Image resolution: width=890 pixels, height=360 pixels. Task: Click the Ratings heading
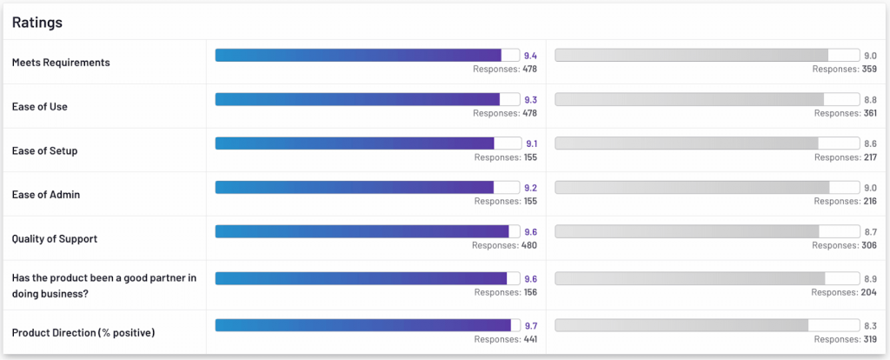click(37, 22)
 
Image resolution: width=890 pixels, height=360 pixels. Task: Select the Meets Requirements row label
click(61, 63)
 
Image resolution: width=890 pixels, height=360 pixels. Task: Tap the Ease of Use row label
click(40, 107)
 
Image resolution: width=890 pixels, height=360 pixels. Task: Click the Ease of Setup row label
click(45, 151)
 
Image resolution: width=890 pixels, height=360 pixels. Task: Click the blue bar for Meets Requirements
click(358, 55)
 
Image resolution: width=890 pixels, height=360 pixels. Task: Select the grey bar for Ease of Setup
click(687, 143)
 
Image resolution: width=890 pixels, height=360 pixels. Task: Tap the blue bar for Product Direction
click(362, 325)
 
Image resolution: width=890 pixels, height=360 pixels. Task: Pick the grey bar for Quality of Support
click(687, 231)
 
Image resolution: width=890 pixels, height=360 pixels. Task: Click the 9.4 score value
click(531, 56)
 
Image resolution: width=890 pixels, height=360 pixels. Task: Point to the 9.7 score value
click(531, 325)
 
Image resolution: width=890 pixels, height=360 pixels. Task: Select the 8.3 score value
click(870, 325)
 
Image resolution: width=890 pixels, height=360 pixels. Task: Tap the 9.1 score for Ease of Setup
click(531, 143)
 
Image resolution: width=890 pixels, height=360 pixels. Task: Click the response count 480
click(528, 245)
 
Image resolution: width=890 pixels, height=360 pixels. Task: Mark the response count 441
click(528, 339)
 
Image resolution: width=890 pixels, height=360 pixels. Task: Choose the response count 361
click(868, 113)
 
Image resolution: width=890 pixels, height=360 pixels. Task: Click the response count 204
click(868, 292)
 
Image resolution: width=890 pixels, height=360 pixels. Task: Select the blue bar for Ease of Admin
click(355, 187)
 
